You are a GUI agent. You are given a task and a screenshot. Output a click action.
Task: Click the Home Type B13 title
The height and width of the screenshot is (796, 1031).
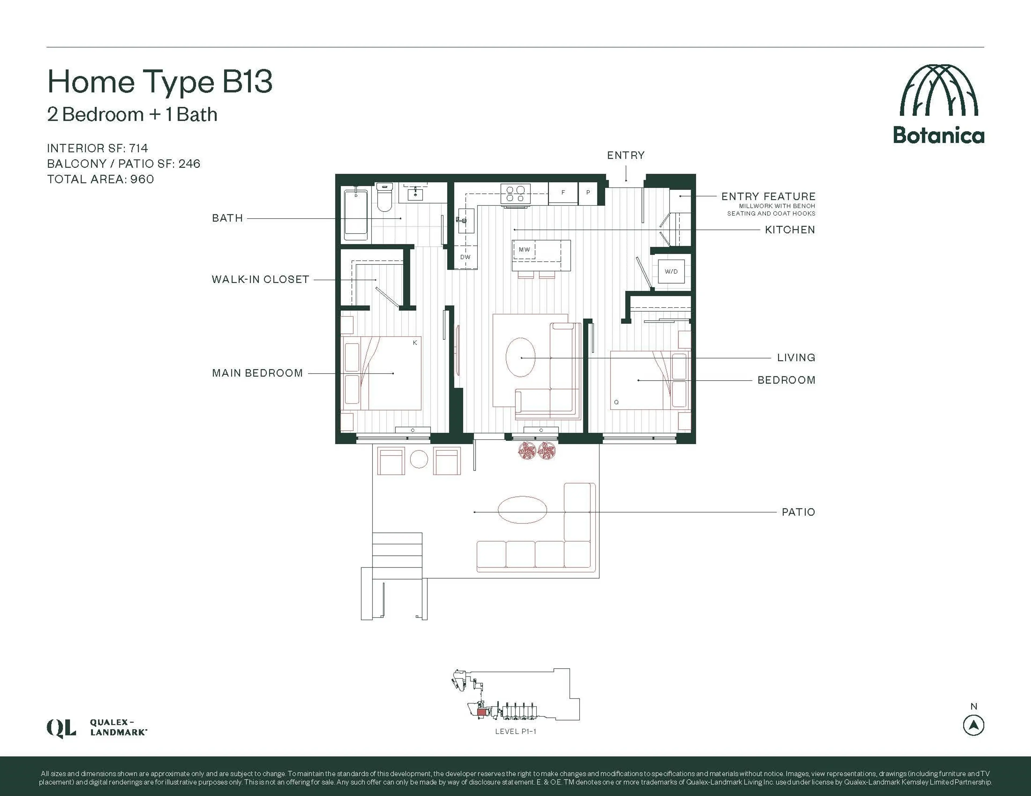coord(159,82)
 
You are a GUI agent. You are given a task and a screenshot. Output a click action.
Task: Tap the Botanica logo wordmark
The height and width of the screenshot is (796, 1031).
coord(938,135)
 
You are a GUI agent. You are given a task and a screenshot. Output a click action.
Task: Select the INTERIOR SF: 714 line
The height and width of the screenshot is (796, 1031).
coord(97,148)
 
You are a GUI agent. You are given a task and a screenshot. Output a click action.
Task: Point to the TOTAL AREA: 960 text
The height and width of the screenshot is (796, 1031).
coord(100,179)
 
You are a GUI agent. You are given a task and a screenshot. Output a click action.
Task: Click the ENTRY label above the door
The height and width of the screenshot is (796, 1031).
coord(626,155)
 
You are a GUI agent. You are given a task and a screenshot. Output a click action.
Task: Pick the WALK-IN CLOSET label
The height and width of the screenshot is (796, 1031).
coord(260,279)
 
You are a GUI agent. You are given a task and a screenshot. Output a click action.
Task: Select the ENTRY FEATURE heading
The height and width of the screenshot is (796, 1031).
coord(768,196)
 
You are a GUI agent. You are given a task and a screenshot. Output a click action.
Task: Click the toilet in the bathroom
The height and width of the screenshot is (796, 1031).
coord(384,197)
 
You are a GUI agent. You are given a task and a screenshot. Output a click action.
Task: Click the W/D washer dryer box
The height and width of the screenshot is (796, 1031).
coord(671,271)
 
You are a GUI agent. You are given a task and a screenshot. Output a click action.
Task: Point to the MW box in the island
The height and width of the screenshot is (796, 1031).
coord(524,250)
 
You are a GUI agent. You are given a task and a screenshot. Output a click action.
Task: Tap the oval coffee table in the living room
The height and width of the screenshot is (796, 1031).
coord(520,357)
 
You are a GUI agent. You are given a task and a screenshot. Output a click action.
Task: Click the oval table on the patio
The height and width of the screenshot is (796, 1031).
coord(522,509)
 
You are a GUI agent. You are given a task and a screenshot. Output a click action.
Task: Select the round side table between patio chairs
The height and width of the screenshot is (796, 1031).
coord(419,459)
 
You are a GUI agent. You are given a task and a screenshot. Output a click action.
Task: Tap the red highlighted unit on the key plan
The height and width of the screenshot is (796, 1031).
coord(481,713)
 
